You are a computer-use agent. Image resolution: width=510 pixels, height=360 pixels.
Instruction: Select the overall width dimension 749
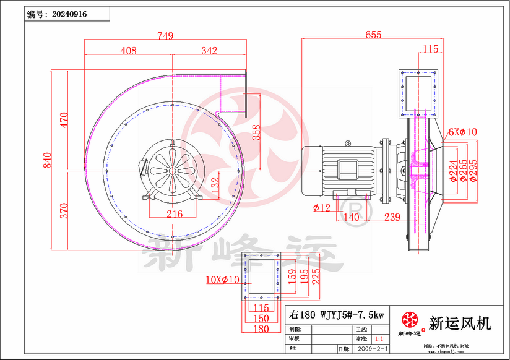click(165, 36)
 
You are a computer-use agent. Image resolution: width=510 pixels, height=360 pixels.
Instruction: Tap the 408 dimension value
click(128, 51)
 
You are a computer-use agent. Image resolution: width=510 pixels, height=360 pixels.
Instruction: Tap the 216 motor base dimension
click(175, 214)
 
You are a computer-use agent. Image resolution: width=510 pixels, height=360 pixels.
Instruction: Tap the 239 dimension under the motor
click(391, 217)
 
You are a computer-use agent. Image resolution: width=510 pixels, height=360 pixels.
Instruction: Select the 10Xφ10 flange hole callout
click(222, 280)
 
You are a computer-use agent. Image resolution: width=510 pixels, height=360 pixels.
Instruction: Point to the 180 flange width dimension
click(261, 329)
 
